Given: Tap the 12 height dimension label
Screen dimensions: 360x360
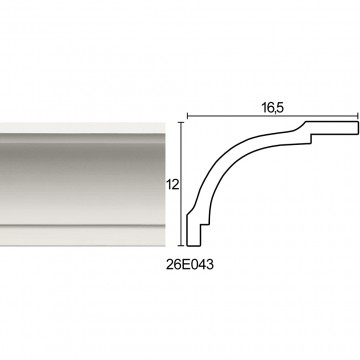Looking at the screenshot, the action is [173, 184].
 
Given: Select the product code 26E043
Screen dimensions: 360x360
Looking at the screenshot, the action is [190, 265].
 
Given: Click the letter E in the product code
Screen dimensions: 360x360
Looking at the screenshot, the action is [186, 265].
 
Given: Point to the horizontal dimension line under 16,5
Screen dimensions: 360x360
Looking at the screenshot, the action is [273, 116].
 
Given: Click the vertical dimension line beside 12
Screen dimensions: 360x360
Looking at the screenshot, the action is [181, 184].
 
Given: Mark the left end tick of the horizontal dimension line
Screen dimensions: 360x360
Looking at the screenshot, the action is [188, 116].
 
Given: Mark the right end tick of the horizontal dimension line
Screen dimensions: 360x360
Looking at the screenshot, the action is [358, 116].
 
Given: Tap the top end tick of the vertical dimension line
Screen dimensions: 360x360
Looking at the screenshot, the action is [181, 123].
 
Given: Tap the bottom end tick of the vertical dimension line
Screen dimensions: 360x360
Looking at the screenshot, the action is [181, 246].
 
